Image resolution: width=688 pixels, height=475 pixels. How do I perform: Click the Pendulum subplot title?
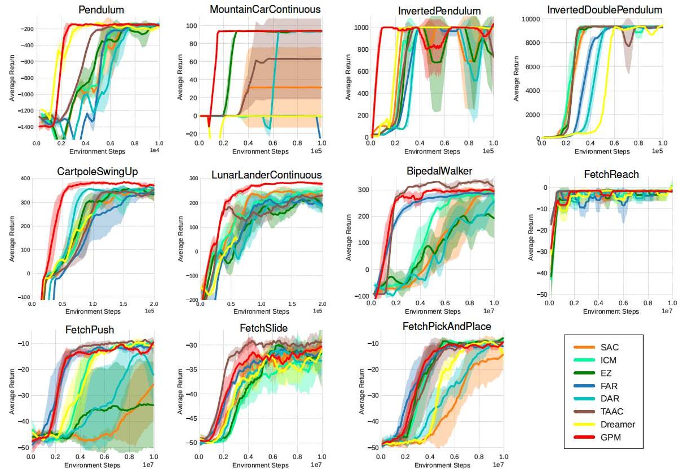pos(101,10)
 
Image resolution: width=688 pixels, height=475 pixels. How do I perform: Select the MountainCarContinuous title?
pos(265,9)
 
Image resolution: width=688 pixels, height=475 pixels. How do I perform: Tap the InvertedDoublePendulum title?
pos(604,10)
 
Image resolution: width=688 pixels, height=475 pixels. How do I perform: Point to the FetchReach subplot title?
pos(611,174)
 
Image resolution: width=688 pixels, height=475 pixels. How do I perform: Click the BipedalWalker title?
pos(439,171)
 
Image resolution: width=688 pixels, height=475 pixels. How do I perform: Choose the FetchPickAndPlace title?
pos(447,327)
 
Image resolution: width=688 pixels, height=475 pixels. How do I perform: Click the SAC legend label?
pos(609,348)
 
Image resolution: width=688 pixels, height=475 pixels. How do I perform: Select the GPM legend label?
pos(610,438)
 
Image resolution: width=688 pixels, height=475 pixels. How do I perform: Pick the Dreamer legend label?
pos(618,425)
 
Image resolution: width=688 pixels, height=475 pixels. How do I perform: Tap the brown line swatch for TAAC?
pos(584,412)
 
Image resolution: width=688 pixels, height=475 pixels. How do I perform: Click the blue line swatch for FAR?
pos(584,386)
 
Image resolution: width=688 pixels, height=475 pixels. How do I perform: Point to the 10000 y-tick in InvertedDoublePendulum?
pos(530,19)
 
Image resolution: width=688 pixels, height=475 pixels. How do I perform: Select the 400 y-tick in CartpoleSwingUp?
pos(25,178)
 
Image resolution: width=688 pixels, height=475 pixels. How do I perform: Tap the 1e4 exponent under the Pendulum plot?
pos(155,150)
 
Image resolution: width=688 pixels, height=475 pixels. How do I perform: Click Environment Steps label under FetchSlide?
pos(260,465)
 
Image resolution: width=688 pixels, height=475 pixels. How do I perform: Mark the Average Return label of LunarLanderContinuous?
pos(180,239)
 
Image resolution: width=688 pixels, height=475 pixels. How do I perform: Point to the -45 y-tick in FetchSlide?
pos(191,418)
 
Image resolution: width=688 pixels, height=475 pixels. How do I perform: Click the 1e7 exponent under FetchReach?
pos(667,311)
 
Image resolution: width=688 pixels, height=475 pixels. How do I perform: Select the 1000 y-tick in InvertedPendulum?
pos(361,28)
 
